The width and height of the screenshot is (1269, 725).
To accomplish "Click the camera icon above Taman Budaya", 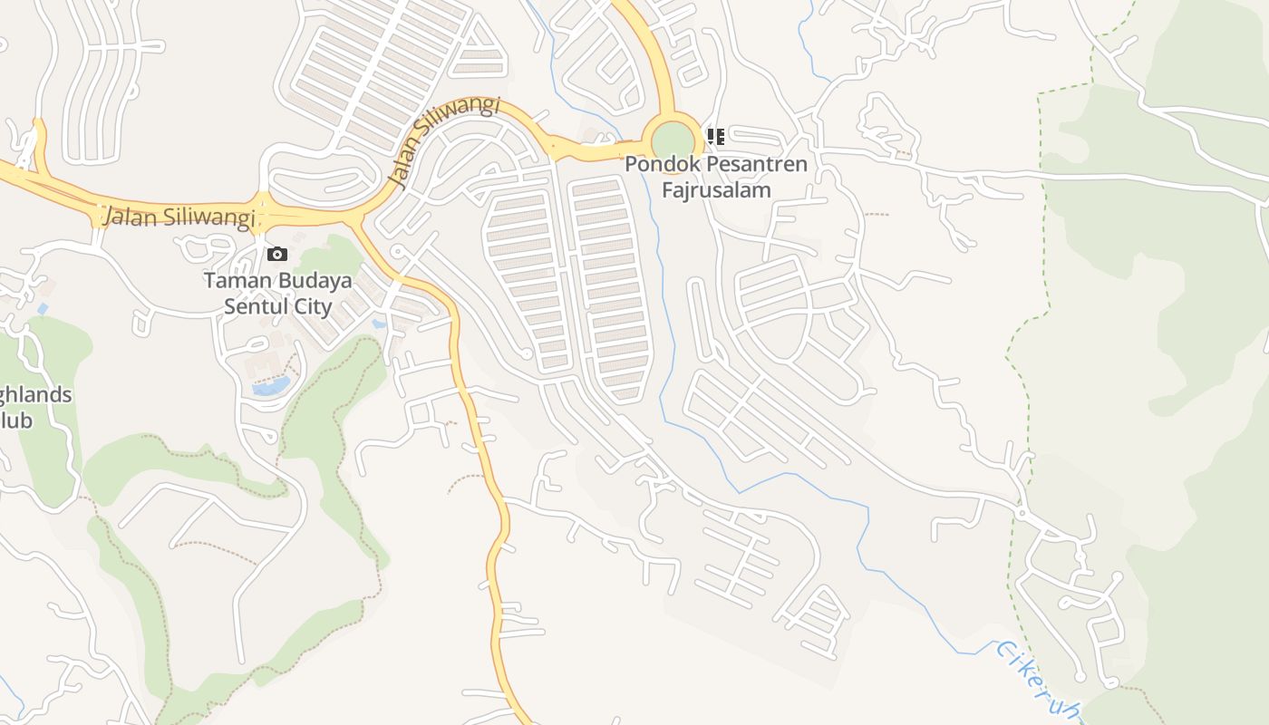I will pos(277,254).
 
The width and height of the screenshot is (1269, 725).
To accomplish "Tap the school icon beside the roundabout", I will pos(716,137).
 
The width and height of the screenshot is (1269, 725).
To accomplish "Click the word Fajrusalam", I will pos(716,190).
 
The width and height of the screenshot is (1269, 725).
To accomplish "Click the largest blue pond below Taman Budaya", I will pos(271,387).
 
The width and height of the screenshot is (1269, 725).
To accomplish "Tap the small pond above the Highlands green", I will pos(43,309).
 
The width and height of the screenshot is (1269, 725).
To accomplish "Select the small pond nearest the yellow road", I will pos(378,323).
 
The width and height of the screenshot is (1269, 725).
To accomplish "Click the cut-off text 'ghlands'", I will pos(35,396).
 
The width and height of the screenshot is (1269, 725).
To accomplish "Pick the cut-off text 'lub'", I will pos(15,420).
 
